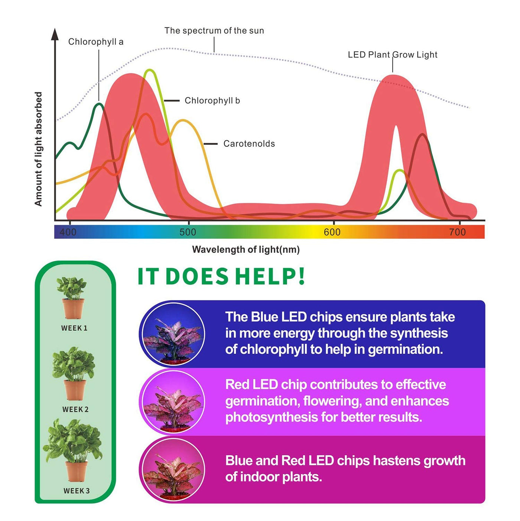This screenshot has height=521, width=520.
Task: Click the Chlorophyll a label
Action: point(95,42)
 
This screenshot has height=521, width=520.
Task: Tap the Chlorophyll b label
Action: point(212,100)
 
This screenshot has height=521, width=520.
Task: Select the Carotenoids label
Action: point(249,144)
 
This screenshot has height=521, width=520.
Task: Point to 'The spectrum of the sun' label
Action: point(214,30)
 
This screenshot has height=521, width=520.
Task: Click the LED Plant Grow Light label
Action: point(392,55)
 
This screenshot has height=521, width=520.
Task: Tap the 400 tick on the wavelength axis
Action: point(68,232)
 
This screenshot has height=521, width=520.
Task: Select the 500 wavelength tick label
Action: point(188,232)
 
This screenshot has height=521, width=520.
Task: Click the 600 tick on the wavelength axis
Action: point(332,232)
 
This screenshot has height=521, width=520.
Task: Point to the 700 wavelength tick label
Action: point(457,232)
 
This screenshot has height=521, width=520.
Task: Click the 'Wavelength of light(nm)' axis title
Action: point(246,250)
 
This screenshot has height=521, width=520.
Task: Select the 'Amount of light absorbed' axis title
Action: point(38,149)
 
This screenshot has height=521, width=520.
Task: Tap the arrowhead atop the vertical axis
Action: point(55,34)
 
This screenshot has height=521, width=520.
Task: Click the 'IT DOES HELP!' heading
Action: point(221,276)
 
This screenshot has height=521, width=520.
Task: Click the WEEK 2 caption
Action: point(75,409)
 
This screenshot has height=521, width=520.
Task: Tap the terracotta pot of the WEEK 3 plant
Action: point(77,471)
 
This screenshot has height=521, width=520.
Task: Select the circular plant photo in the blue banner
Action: point(173,334)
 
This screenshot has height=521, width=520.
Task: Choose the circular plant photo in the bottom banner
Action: point(173,470)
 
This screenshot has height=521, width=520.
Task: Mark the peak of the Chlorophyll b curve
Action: point(150,70)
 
